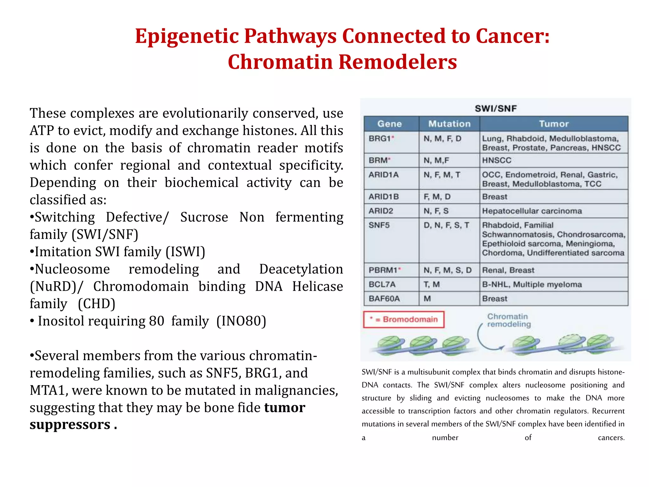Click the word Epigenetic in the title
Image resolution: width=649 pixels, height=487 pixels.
click(187, 36)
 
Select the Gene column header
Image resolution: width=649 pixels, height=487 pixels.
click(389, 124)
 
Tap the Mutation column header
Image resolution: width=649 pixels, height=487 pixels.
click(449, 124)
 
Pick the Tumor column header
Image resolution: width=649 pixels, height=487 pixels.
click(554, 124)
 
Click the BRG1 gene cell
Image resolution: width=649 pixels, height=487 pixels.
click(381, 139)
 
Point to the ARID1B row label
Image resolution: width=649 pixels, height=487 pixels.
click(383, 197)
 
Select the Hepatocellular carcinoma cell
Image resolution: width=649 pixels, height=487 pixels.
click(532, 211)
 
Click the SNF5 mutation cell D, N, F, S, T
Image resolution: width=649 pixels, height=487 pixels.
click(446, 225)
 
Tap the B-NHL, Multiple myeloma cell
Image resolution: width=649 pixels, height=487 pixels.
click(532, 284)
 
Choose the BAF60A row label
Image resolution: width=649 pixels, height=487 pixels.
click(384, 299)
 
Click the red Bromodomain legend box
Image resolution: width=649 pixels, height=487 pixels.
click(404, 320)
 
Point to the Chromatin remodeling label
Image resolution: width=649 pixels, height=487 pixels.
click(508, 320)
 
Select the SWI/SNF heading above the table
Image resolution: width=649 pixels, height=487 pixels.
click(496, 109)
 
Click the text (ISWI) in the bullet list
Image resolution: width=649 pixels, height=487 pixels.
click(185, 252)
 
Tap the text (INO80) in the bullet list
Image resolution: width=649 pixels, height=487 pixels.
click(241, 321)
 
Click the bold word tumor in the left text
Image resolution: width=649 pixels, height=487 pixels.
click(285, 408)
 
